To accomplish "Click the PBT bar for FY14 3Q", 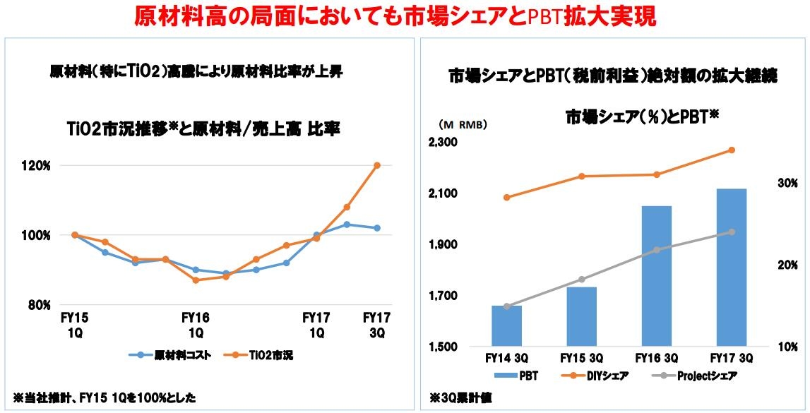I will click(506, 326).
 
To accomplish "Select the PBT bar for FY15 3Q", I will click(581, 317).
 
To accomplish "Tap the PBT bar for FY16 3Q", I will click(657, 276).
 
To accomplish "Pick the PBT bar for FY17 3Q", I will click(732, 268).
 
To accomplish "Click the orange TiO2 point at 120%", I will click(377, 165).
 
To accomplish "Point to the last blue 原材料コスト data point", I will click(377, 228).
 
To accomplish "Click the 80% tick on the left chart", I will click(39, 305).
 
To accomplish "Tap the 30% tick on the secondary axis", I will click(787, 183).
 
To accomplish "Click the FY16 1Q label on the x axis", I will click(196, 325).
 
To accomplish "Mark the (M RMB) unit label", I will click(462, 124).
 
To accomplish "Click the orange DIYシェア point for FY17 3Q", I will click(732, 150).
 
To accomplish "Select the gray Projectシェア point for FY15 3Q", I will click(581, 280).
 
